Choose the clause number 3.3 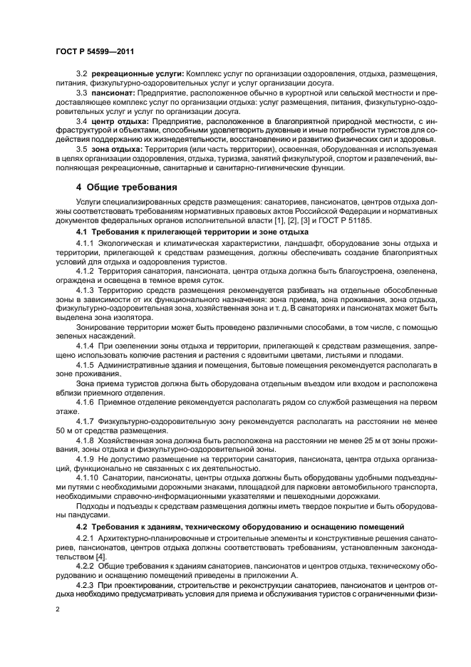(81, 93)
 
